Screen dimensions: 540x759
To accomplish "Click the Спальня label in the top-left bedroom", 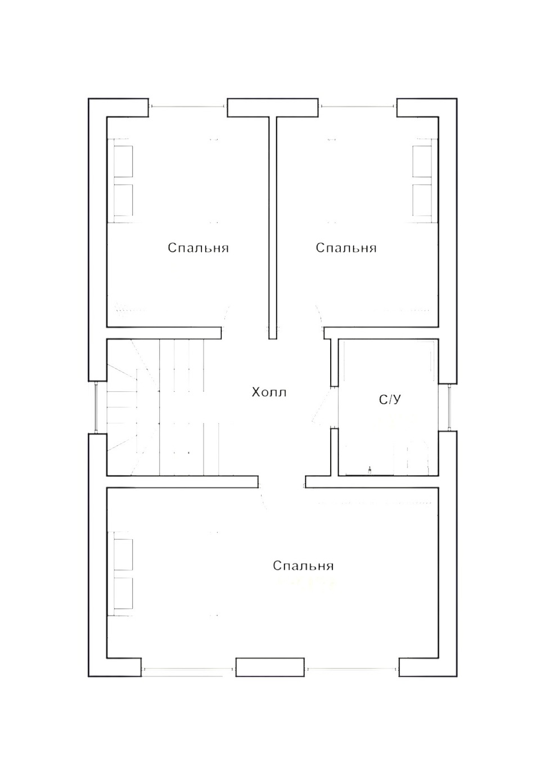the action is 199,248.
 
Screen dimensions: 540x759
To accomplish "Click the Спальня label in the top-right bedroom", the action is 346,248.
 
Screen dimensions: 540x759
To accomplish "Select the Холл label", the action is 269,392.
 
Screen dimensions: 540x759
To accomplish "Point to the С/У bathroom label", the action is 390,400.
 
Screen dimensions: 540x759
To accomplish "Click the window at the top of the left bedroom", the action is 188,106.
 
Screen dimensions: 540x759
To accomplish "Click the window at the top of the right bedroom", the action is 358,106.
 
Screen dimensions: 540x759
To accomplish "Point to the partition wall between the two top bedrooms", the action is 273,227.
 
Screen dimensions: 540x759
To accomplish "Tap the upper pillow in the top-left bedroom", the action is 123,161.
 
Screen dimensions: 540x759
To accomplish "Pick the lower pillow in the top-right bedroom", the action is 422,200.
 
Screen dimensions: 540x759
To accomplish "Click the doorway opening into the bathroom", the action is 334,407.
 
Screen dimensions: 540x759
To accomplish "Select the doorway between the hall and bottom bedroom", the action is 282,482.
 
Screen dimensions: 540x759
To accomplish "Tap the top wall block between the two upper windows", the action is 273,108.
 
